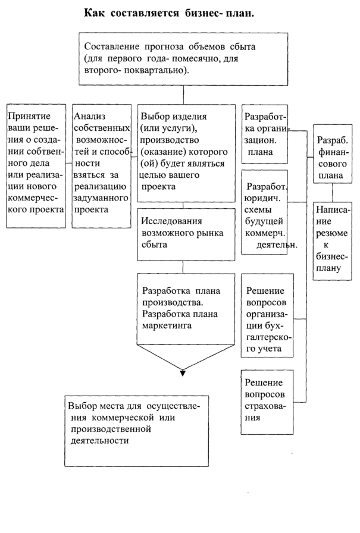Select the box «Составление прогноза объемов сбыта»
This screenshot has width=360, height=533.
(x=183, y=59)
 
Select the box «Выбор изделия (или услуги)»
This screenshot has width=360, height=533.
(x=182, y=156)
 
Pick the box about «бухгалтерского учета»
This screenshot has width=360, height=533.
(x=267, y=315)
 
